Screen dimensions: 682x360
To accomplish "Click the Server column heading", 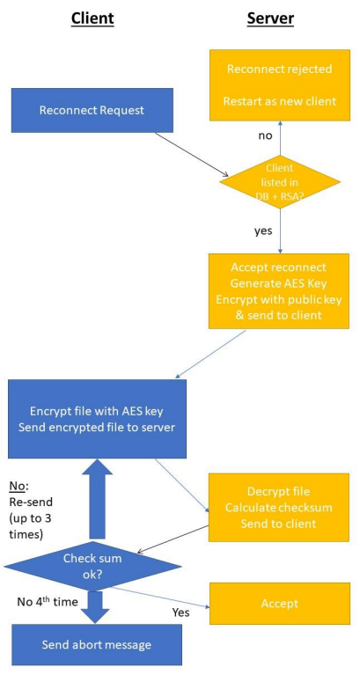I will click(x=270, y=18).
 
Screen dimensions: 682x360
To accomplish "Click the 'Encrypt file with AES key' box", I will click(x=97, y=419).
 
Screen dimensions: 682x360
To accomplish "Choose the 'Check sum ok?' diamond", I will click(x=92, y=566).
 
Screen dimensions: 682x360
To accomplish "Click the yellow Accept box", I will click(x=279, y=604).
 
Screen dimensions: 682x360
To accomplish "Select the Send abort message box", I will click(x=97, y=644).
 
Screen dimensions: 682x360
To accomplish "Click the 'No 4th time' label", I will click(x=48, y=603).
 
